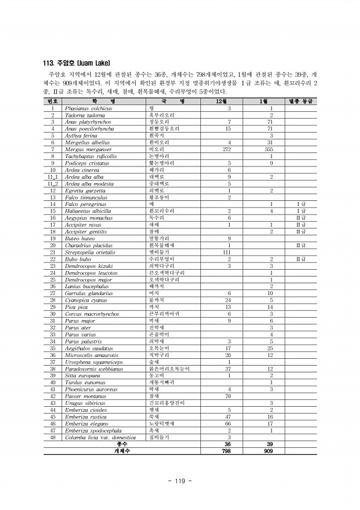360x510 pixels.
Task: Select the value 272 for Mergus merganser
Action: coord(228,149)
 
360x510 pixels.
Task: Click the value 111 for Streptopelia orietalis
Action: coord(228,252)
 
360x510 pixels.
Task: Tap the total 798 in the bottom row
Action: coord(228,450)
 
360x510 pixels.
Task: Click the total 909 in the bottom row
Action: coord(267,450)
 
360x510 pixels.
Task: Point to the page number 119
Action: coord(180,481)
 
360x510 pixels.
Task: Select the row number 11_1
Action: coord(52,176)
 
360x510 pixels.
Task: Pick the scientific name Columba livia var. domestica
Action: coord(97,437)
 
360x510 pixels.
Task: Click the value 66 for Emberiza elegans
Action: coord(228,423)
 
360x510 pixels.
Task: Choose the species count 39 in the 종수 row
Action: coord(267,444)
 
